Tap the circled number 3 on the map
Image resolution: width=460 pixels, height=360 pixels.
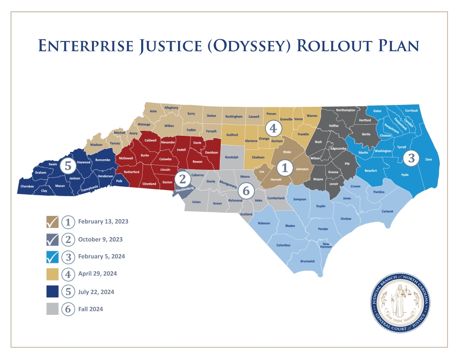[411, 158]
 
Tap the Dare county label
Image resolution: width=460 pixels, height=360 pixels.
[429, 160]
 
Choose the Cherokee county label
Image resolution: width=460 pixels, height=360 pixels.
[27, 186]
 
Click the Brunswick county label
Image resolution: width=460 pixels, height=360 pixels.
[308, 261]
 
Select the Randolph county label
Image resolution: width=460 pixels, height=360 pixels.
[232, 157]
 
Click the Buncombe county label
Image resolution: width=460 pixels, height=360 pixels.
[103, 160]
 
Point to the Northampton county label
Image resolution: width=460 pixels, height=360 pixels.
[345, 110]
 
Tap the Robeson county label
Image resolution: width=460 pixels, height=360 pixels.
[264, 223]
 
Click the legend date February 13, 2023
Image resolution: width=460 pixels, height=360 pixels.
[103, 221]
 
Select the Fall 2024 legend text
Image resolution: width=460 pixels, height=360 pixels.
[91, 309]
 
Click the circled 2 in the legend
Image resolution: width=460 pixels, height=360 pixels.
[68, 239]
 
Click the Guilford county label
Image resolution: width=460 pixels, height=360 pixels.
[232, 135]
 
